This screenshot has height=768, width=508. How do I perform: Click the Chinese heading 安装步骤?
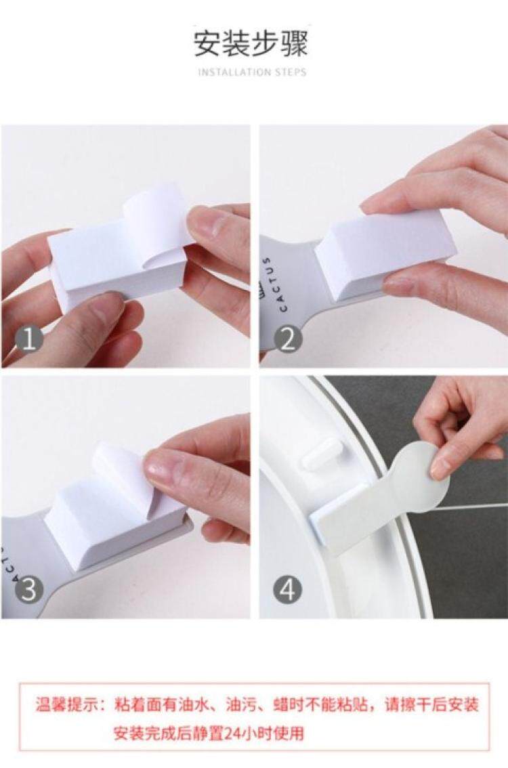tap(251, 43)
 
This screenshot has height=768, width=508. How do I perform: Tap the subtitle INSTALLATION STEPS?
tap(252, 72)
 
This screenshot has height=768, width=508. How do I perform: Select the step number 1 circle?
tap(29, 339)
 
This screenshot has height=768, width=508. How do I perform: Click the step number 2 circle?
tap(288, 339)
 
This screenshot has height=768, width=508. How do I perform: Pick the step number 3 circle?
tap(29, 590)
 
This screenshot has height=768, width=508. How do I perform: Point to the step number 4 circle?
tap(288, 590)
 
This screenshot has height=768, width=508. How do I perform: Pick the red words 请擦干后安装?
tap(431, 705)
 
